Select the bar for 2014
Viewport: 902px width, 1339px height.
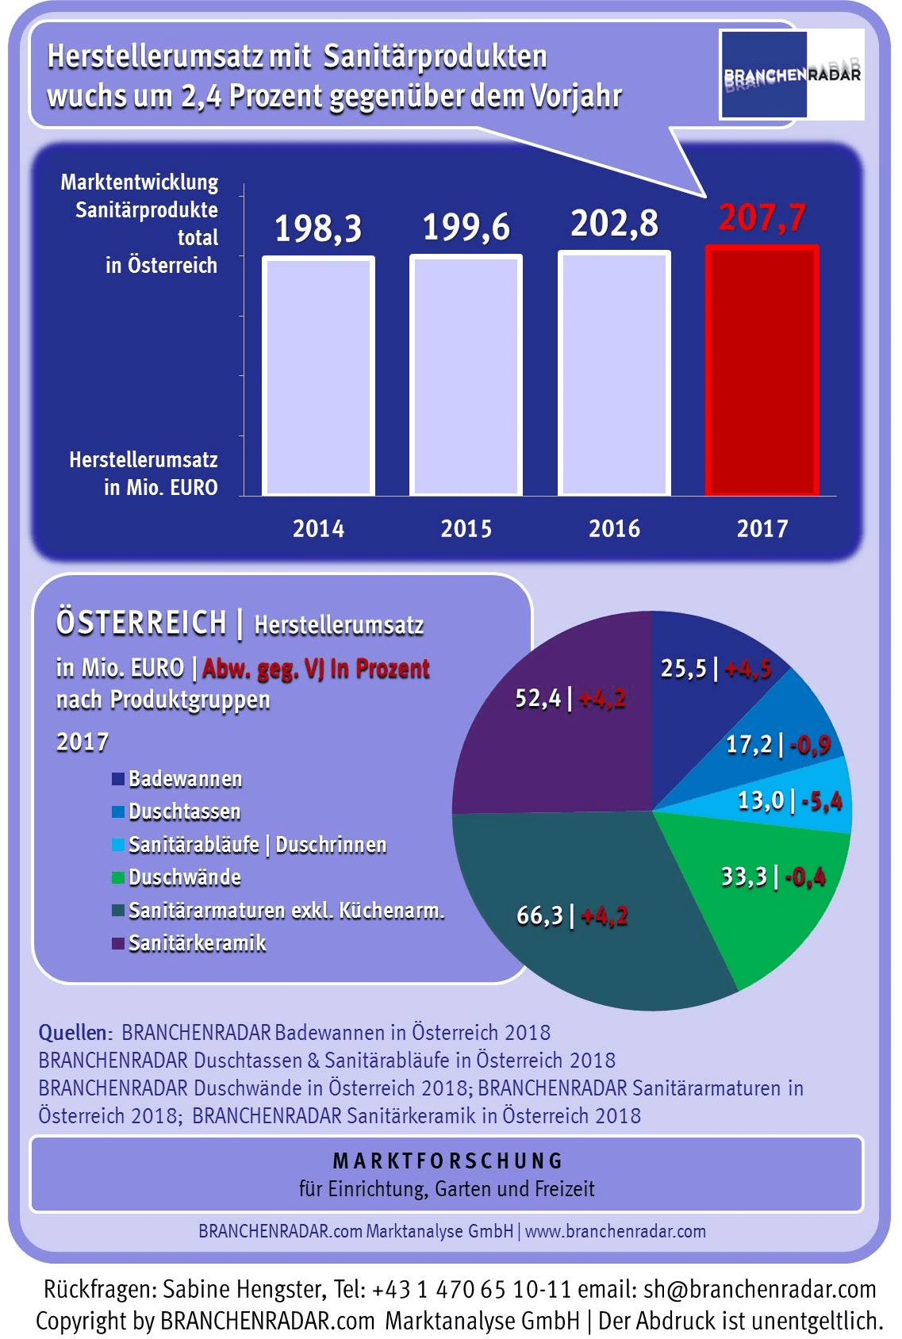tap(318, 376)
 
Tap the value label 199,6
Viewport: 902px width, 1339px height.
tap(466, 228)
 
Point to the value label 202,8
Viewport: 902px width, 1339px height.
tap(614, 224)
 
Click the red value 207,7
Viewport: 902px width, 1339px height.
tap(762, 218)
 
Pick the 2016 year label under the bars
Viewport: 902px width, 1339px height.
tap(614, 528)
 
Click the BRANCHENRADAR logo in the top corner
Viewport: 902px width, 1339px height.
tap(791, 75)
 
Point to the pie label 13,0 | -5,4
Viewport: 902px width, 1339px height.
tap(789, 800)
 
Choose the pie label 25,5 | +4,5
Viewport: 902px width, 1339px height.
tap(716, 669)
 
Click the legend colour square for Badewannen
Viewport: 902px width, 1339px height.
tap(118, 779)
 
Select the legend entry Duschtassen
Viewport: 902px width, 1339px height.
tap(184, 811)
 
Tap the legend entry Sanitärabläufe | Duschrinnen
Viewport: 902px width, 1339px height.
tap(257, 845)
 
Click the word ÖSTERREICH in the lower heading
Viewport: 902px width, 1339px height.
tap(141, 623)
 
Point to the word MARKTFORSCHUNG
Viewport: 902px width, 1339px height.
tap(447, 1161)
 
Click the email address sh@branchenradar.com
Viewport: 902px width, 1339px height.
tap(759, 1289)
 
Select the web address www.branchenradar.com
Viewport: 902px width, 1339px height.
tap(615, 1231)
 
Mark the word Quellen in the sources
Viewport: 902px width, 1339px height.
tap(74, 1033)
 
